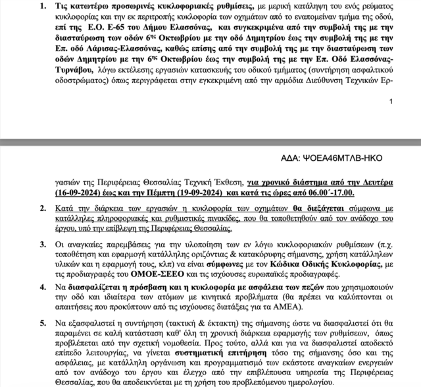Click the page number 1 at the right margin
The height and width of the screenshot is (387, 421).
tap(391, 102)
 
